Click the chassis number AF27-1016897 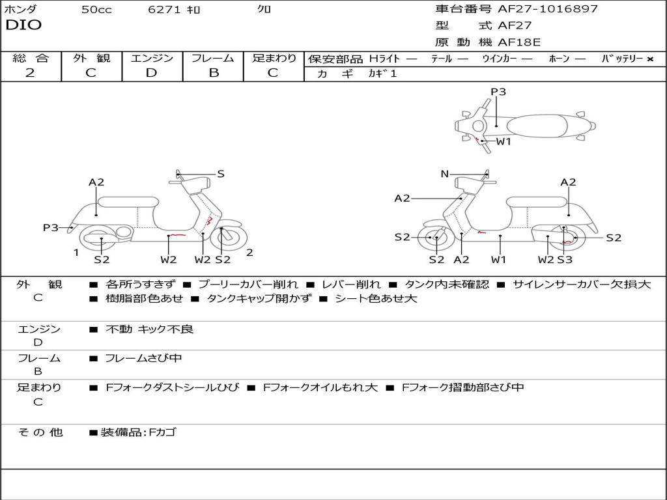click(x=547, y=9)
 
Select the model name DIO click(x=23, y=25)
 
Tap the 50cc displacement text click(x=96, y=10)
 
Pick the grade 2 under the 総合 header click(x=30, y=73)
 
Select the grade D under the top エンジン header click(x=152, y=73)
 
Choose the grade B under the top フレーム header click(x=213, y=73)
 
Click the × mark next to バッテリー click(x=649, y=59)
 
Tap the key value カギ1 click(x=382, y=74)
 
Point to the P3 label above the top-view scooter click(x=498, y=92)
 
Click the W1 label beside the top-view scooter click(x=504, y=141)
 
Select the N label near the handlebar click(x=445, y=174)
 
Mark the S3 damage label click(x=565, y=259)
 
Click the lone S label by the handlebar click(x=221, y=174)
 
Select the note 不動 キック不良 click(x=149, y=329)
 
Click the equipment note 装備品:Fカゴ click(x=137, y=432)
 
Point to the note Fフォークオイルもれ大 click(x=320, y=387)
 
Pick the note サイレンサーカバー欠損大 click(x=581, y=285)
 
